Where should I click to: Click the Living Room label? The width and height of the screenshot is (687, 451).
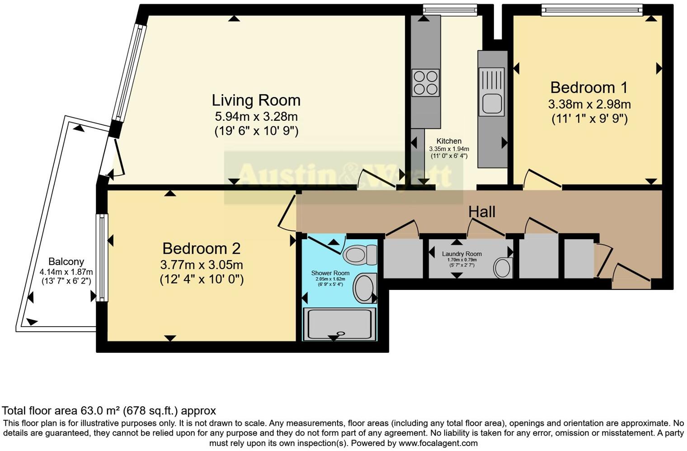256,100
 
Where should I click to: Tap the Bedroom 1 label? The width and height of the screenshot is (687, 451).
589,87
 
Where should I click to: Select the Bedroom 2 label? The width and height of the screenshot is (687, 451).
201,248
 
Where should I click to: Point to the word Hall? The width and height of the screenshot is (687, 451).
482,212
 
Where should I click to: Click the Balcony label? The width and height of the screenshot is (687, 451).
66,261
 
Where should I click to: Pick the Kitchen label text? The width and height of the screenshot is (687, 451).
449,141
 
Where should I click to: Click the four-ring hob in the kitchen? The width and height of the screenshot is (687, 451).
425,83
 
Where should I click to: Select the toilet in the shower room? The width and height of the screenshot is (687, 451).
360,254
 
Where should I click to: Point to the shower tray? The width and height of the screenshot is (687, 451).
339,324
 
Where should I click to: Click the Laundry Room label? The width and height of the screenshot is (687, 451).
461,254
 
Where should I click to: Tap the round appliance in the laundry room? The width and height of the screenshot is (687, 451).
502,267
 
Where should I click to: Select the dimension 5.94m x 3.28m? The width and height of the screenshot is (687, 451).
256,116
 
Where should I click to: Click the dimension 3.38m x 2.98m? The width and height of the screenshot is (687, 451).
589,104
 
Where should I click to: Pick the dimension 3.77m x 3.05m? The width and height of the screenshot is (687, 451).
201,265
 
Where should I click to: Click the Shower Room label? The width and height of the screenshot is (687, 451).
330,273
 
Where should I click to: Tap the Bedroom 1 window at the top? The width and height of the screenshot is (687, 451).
592,9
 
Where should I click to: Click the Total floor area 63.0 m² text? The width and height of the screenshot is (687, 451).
108,411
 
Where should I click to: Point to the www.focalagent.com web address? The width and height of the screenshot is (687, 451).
438,443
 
